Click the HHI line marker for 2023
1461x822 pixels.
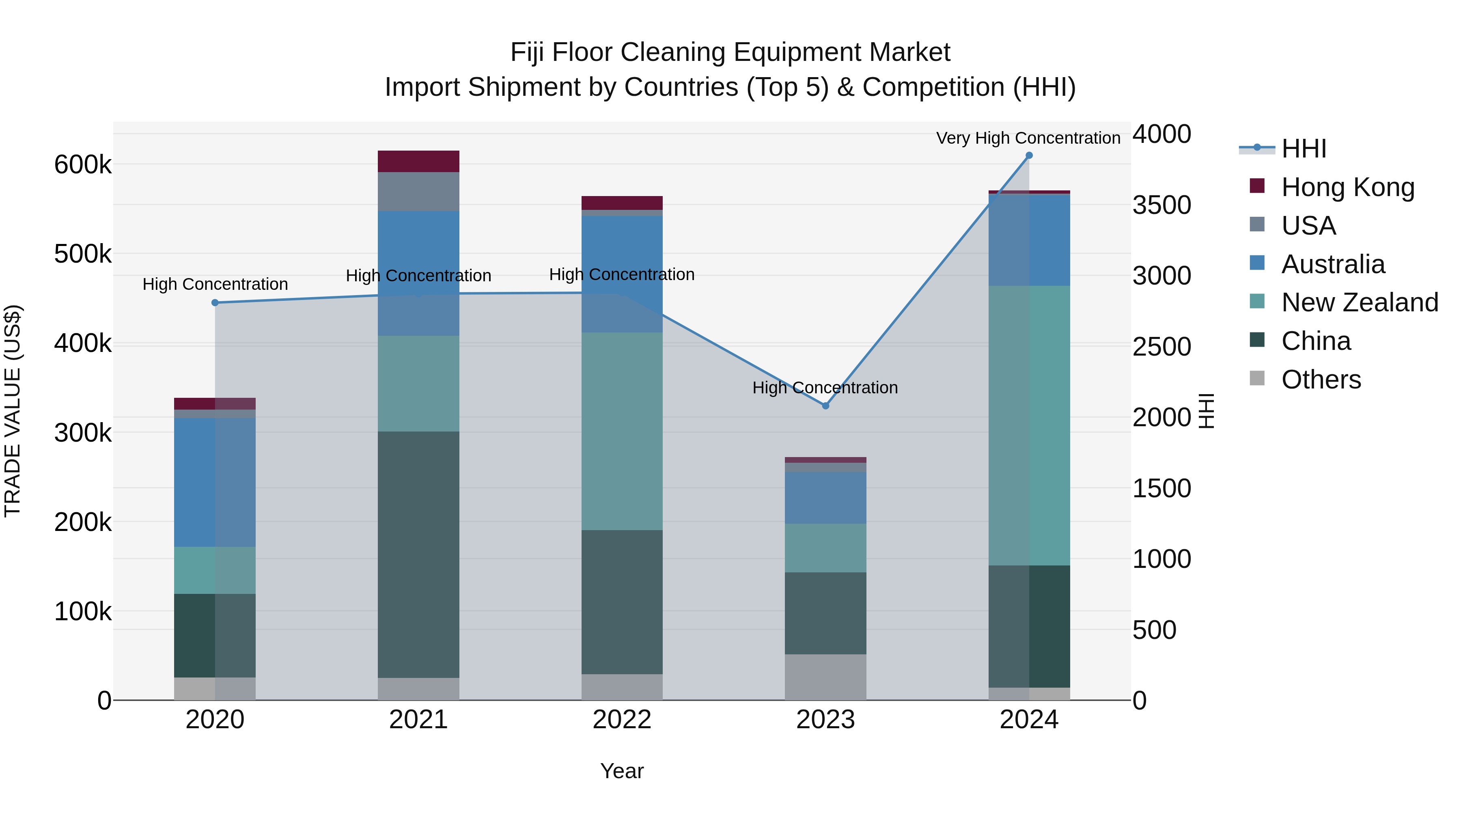pyautogui.click(x=825, y=406)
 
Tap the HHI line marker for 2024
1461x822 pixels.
pyautogui.click(x=1029, y=155)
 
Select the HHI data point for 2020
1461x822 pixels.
pyautogui.click(x=215, y=303)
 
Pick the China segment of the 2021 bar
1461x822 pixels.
pyautogui.click(x=418, y=554)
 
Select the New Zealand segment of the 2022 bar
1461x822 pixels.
pyautogui.click(x=622, y=431)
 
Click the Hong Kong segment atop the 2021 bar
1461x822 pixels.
pyautogui.click(x=418, y=161)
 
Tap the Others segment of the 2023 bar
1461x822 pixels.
pyautogui.click(x=825, y=677)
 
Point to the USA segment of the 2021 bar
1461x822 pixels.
pyautogui.click(x=418, y=191)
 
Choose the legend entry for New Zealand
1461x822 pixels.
pyautogui.click(x=1360, y=302)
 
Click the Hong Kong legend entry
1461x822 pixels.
pyautogui.click(x=1347, y=187)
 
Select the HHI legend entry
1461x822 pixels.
pyautogui.click(x=1303, y=149)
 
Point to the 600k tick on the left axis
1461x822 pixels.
pyautogui.click(x=83, y=165)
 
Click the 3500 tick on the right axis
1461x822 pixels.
pyautogui.click(x=1161, y=205)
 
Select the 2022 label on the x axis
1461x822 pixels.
pyautogui.click(x=622, y=720)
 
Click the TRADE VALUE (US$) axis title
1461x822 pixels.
pyautogui.click(x=13, y=411)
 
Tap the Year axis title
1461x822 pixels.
pyautogui.click(x=622, y=771)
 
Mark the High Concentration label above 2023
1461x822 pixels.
pyautogui.click(x=825, y=388)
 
